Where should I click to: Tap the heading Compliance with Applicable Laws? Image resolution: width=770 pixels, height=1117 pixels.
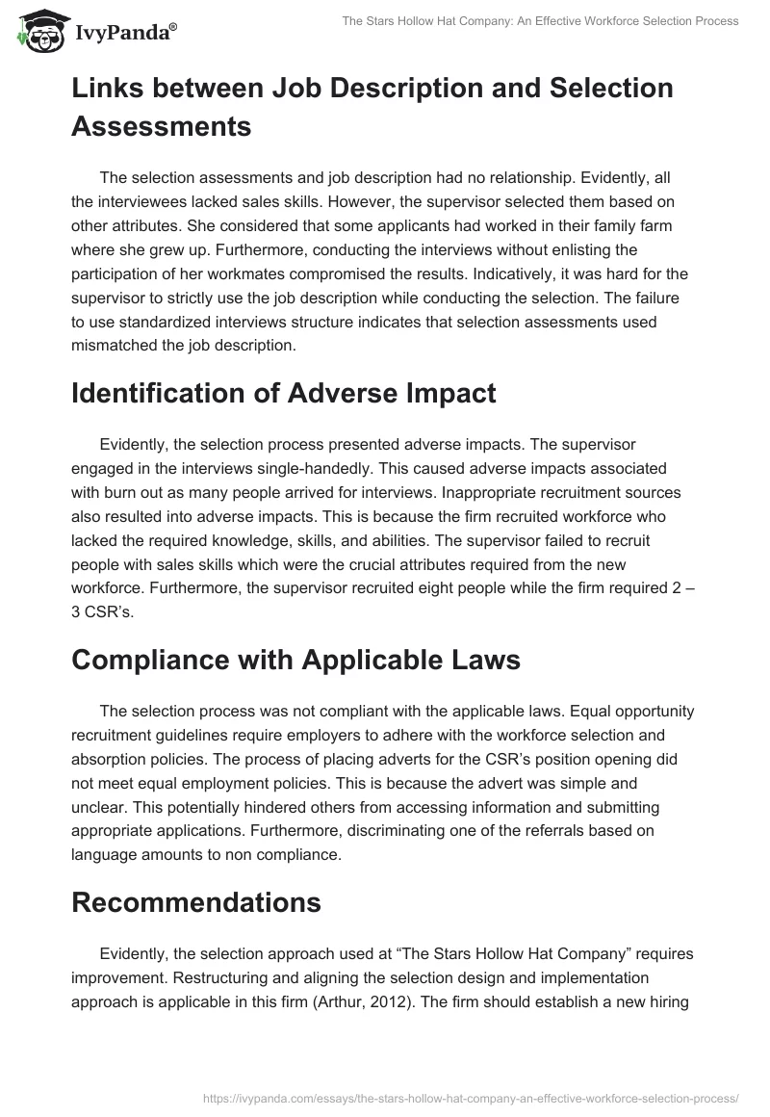(x=296, y=662)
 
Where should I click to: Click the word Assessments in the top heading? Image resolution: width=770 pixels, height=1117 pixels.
(x=162, y=125)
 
